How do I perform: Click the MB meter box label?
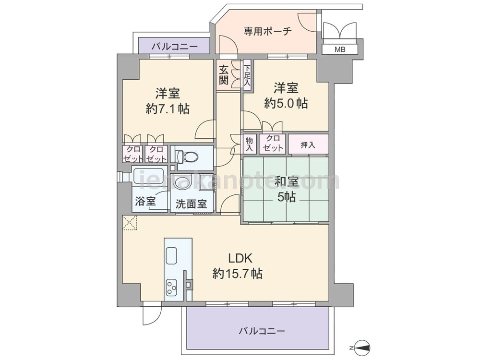(340, 49)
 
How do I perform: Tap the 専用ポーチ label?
(267, 31)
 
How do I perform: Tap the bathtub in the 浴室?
(149, 176)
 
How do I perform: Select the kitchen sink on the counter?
(171, 255)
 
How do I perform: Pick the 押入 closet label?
(308, 144)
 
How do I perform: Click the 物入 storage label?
(250, 144)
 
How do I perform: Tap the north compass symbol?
(363, 348)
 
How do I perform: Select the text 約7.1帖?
(168, 108)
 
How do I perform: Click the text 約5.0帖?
(286, 104)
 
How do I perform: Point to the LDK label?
(240, 258)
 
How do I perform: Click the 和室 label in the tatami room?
(287, 181)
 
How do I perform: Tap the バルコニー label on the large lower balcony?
(262, 331)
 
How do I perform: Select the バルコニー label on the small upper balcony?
(175, 47)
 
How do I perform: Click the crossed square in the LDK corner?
(130, 223)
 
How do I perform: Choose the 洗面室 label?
(191, 204)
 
